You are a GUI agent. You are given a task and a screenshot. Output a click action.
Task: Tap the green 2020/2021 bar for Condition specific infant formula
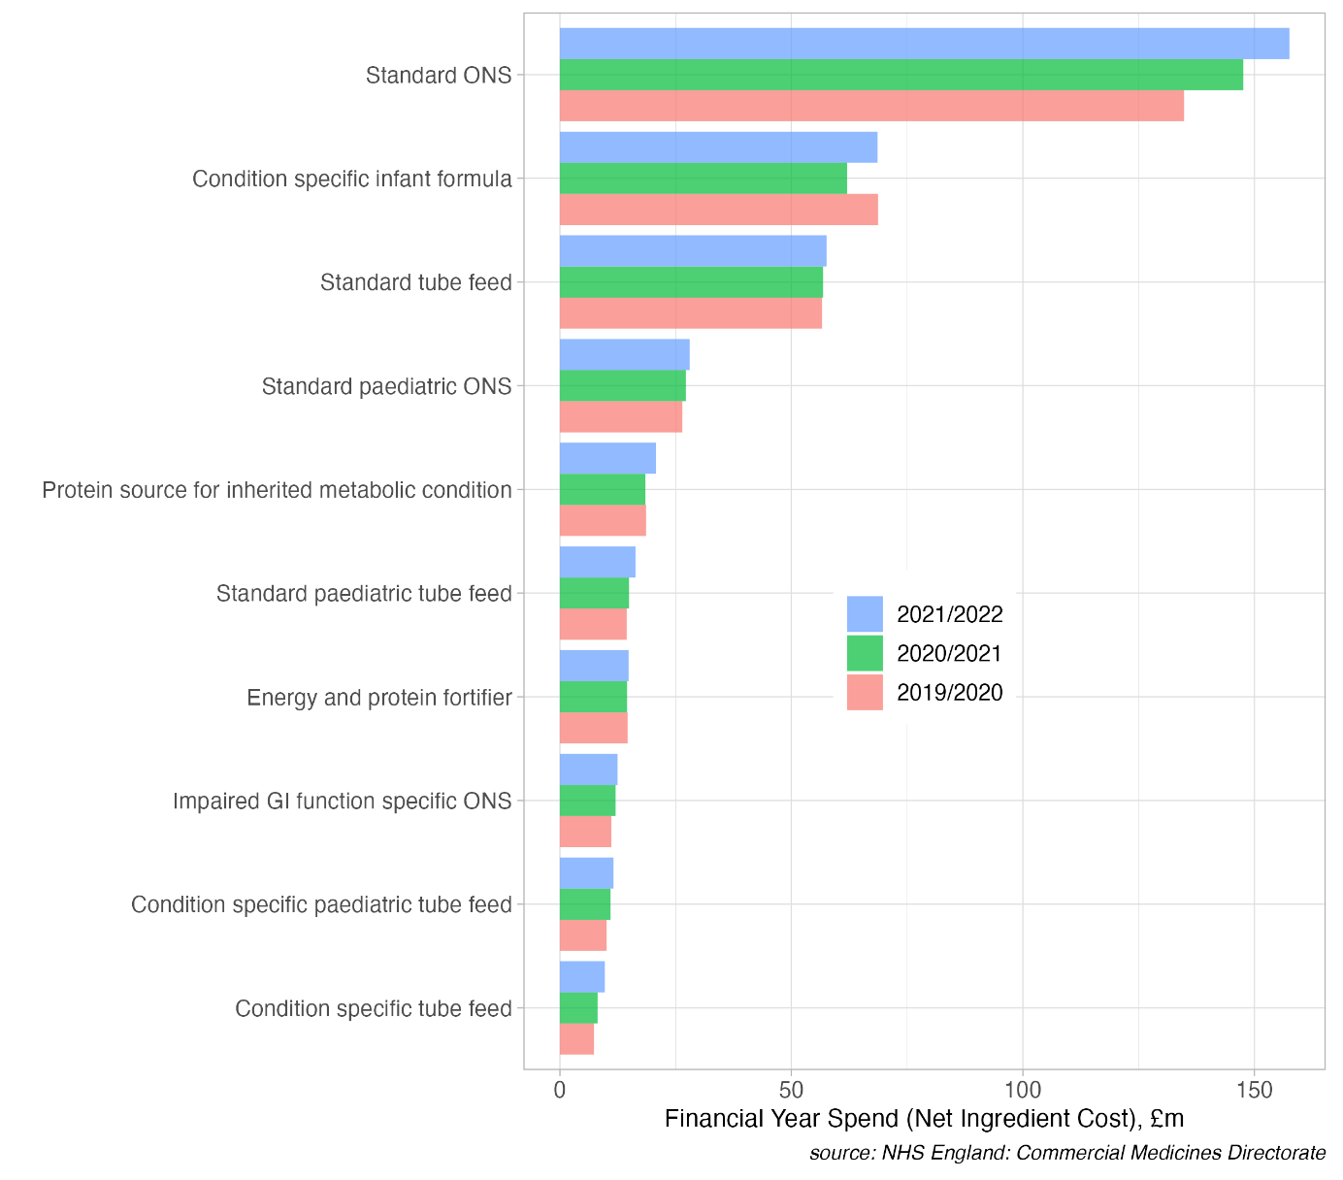703,179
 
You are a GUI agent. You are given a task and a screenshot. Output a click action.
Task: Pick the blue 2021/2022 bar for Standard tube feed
693,251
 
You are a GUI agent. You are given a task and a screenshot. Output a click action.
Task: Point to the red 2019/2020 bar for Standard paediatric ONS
621,417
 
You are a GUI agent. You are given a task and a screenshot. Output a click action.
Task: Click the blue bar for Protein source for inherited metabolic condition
607,458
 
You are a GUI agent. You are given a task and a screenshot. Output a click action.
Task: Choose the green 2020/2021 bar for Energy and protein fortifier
593,697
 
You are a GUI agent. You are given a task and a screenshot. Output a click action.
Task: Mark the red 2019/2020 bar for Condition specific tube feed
576,1039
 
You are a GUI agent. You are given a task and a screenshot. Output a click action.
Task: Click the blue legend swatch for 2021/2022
865,614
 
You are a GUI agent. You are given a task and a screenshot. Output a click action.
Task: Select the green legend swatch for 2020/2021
865,653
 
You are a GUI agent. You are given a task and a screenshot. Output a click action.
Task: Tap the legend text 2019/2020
949,693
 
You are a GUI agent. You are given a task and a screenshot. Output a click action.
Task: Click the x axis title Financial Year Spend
924,1119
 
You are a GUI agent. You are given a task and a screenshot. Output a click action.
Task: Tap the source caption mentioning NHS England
1066,1154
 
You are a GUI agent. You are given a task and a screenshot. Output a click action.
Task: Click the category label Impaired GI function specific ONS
342,802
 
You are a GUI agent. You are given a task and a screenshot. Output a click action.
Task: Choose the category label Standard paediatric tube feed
364,594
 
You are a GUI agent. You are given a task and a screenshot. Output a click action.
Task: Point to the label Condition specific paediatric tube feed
321,905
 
